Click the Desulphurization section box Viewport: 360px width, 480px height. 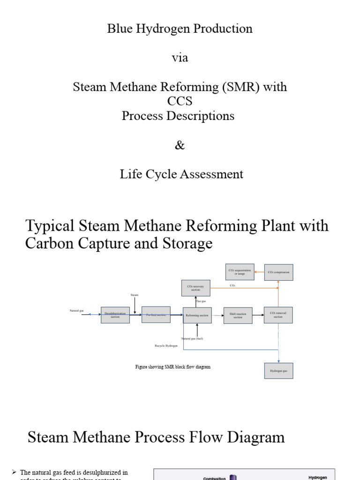[115, 315]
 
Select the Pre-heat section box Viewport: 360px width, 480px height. [156, 315]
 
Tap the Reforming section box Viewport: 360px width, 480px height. [197, 315]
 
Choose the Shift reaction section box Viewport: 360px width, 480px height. [238, 315]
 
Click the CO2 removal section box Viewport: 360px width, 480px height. [278, 315]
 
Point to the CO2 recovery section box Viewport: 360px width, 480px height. [196, 288]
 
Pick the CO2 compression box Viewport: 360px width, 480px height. [278, 272]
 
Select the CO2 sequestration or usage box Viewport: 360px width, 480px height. [240, 272]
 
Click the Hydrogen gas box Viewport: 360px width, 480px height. [278, 370]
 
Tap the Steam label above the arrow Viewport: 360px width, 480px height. [135, 295]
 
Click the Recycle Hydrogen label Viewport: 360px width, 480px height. [166, 345]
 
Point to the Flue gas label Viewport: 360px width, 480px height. [201, 301]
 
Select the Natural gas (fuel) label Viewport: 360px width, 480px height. [192, 338]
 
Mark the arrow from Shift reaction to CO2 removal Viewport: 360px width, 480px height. [258, 315]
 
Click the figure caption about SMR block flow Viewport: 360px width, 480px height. [173, 367]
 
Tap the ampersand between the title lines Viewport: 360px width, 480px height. [180, 145]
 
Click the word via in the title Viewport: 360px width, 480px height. [180, 58]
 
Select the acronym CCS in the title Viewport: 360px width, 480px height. [180, 101]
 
